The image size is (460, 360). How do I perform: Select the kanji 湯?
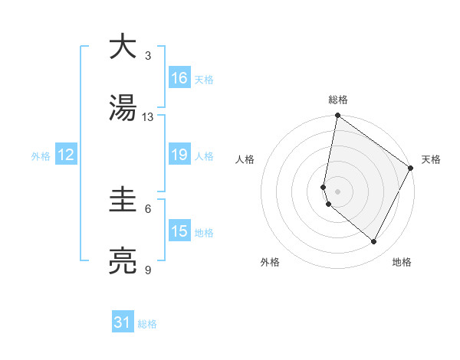[x=123, y=109]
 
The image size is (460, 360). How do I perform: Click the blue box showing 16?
[x=179, y=78]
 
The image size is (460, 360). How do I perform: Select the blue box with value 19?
[x=179, y=155]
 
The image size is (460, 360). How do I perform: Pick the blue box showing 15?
[x=179, y=231]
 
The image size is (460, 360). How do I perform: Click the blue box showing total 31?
[x=123, y=323]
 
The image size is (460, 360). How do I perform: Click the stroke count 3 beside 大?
[x=148, y=56]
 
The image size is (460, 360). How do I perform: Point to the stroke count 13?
[x=148, y=117]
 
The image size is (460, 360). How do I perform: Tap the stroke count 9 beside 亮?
[x=148, y=270]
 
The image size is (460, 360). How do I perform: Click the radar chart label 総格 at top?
[x=338, y=100]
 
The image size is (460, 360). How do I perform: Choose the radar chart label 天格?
[x=432, y=159]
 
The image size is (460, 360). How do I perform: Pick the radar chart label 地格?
[x=402, y=262]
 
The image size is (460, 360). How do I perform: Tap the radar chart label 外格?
[x=270, y=262]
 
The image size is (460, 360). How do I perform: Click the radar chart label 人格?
[x=245, y=159]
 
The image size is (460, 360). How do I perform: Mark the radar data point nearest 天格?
[x=411, y=169]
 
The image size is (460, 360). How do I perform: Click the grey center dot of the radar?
[x=338, y=191]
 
